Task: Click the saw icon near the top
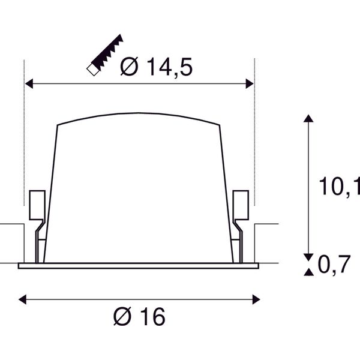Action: point(105,55)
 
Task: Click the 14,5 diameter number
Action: point(170,67)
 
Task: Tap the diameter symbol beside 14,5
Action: point(129,66)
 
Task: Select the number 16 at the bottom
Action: point(152,316)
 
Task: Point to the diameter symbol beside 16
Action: point(122,316)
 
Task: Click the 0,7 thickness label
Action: point(334,264)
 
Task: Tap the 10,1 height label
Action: point(340,186)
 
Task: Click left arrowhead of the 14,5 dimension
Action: point(29,83)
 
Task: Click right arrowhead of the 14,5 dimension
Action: point(250,83)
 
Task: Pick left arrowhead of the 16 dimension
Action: point(22,299)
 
